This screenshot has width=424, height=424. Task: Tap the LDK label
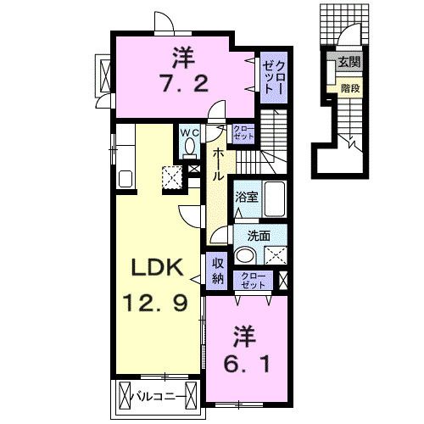tap(158, 268)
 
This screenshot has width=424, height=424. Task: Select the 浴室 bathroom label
tap(246, 197)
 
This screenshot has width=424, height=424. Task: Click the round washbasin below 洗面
tap(245, 255)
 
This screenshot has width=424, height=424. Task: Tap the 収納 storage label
tap(216, 269)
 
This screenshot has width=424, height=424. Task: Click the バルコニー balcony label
tap(160, 395)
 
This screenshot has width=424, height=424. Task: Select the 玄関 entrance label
tap(349, 62)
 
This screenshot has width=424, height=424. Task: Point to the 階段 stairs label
tap(348, 86)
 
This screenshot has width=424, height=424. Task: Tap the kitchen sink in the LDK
tap(125, 180)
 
